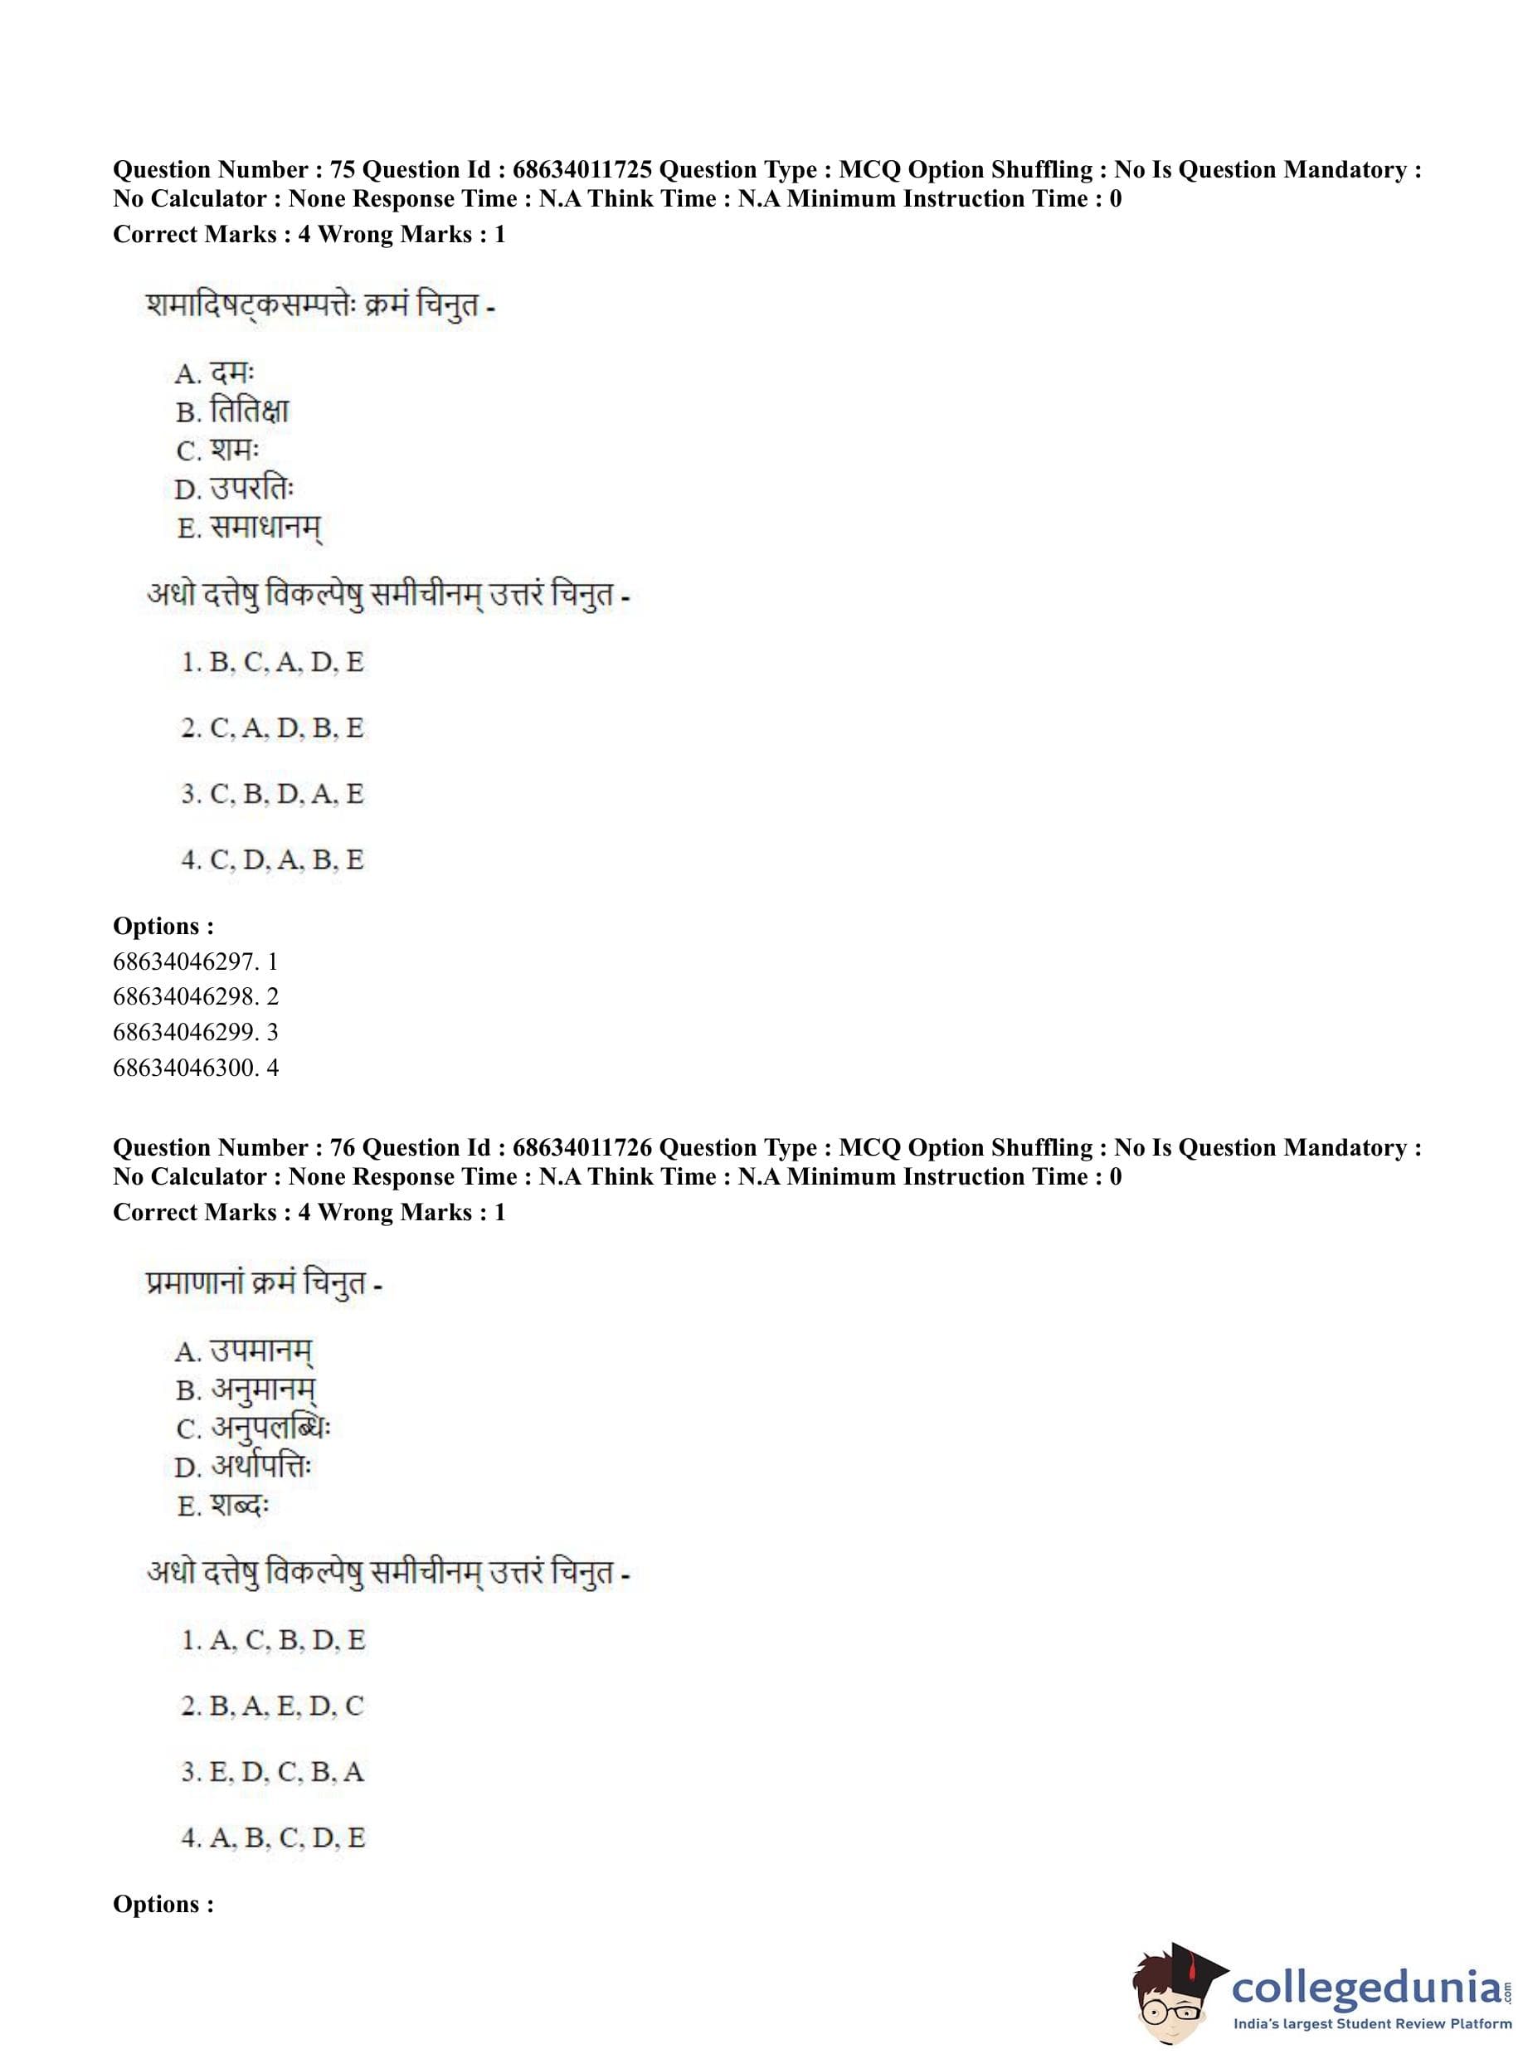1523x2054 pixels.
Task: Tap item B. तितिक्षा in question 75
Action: (x=232, y=411)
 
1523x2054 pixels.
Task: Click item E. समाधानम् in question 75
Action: (x=249, y=528)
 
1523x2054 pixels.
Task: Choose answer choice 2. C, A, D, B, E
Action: (x=273, y=728)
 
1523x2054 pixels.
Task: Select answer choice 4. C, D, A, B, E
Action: (x=273, y=860)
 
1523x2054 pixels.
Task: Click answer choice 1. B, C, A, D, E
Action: (x=273, y=662)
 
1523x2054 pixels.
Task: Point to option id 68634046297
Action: (x=196, y=961)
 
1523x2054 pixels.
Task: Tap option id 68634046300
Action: (x=196, y=1068)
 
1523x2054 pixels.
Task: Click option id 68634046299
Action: (x=196, y=1032)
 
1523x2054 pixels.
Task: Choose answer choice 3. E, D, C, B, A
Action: (x=273, y=1772)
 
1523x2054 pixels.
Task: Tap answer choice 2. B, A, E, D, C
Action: (x=273, y=1706)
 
